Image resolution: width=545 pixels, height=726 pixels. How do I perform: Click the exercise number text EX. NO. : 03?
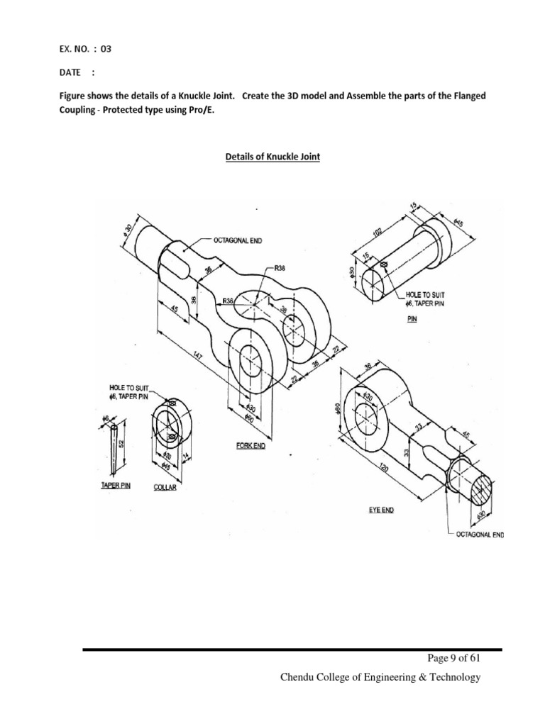[x=84, y=50]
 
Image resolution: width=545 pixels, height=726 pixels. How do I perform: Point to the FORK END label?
[x=251, y=446]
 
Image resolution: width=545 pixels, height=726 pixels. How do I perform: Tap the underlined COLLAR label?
[x=165, y=487]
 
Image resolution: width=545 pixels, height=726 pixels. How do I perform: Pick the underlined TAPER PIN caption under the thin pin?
[x=113, y=486]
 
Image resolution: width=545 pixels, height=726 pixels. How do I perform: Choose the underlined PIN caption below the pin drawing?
[x=412, y=319]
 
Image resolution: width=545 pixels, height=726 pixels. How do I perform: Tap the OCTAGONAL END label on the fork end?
[x=237, y=241]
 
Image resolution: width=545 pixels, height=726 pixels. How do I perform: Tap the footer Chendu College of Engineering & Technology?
[x=380, y=678]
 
